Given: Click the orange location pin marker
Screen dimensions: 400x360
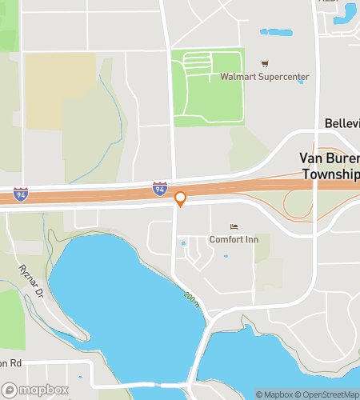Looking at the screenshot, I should (180, 198).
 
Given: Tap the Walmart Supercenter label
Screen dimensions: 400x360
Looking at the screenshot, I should (265, 77).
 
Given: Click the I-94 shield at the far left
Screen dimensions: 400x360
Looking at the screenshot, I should (20, 194).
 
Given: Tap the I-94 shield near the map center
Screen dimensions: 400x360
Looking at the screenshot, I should (160, 189).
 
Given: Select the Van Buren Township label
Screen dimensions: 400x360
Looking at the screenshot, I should (329, 166).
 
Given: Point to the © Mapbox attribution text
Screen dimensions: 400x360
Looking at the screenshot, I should (273, 394).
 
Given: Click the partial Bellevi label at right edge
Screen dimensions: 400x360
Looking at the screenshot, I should (342, 123).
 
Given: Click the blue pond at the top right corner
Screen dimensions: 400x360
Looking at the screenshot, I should (347, 11).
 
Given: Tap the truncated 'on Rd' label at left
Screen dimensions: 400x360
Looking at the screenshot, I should (10, 363).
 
